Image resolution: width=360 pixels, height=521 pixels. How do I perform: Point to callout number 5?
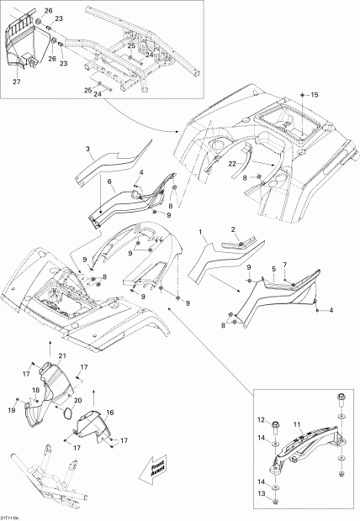(273, 271)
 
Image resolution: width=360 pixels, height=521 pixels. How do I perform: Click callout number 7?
(285, 265)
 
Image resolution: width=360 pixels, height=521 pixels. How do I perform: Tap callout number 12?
(261, 420)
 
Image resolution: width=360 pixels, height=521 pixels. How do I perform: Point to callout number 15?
(315, 97)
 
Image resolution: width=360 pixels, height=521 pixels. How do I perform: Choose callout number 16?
(109, 413)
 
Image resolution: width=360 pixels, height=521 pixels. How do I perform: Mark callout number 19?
(13, 409)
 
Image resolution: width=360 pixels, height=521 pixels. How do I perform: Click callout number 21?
(61, 357)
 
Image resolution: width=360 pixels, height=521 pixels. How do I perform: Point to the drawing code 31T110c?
(12, 515)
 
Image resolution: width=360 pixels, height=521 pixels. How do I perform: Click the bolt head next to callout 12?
(275, 420)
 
